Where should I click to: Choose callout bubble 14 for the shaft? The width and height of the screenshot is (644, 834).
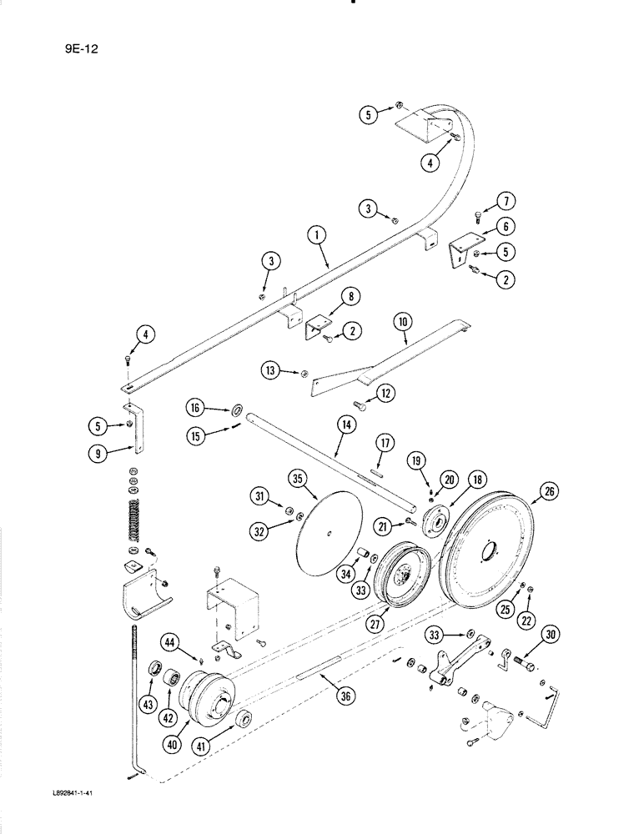[x=346, y=425]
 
